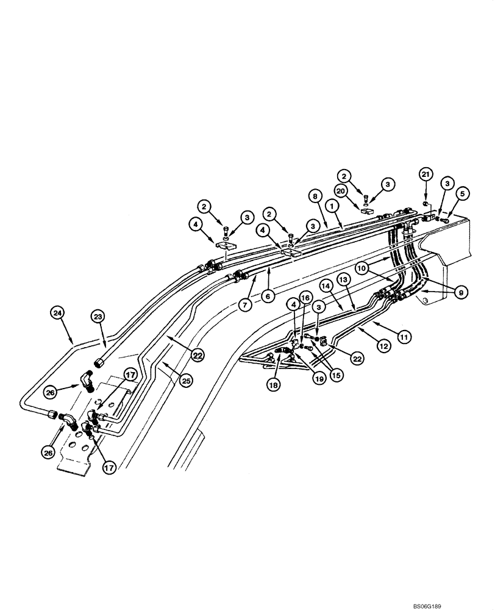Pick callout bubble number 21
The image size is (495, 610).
point(426,176)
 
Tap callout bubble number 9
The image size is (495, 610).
point(463,293)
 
